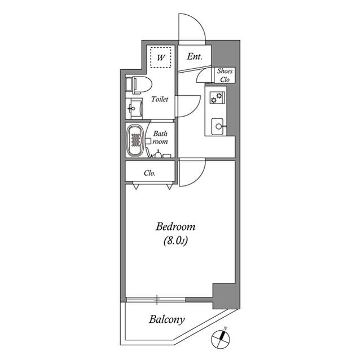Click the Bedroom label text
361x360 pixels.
coord(175,228)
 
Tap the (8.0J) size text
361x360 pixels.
coord(175,242)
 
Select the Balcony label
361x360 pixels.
coord(166,320)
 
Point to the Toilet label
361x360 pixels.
coord(160,99)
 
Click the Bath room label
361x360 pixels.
coord(160,138)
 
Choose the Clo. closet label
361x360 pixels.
coord(149,173)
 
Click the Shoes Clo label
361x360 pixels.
coord(225,75)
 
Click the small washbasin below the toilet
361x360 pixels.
coord(134,107)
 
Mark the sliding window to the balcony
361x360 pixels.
coord(156,299)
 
